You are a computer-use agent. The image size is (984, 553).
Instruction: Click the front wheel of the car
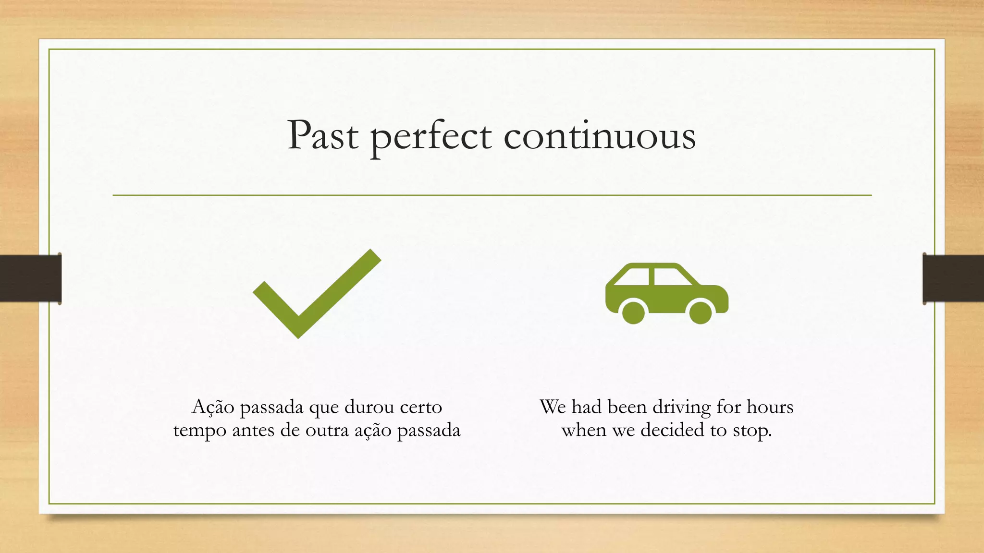700,313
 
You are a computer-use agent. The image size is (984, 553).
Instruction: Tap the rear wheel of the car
633,313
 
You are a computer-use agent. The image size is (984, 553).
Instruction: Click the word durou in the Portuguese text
369,407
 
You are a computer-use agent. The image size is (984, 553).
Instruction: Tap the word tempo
200,431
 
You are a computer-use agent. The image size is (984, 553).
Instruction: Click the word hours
770,407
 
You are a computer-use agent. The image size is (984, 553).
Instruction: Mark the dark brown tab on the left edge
30,278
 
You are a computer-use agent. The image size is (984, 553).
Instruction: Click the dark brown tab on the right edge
953,278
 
